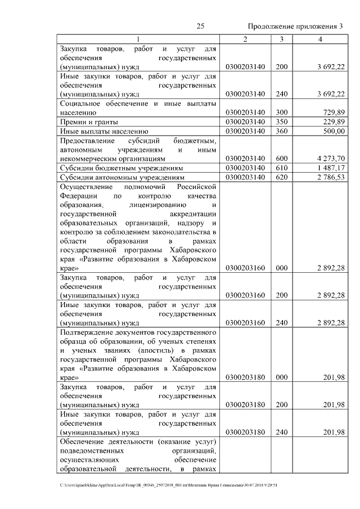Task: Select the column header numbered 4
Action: click(x=320, y=39)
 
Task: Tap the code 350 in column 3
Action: click(x=282, y=122)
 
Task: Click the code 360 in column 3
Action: click(x=282, y=131)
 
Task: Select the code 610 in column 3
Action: click(x=282, y=168)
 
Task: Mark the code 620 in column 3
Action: click(x=282, y=177)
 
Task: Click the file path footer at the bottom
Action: click(x=169, y=484)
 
